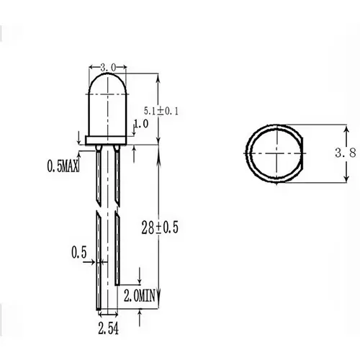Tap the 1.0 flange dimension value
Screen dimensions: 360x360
tap(140, 124)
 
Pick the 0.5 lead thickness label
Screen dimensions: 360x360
tap(79, 253)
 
